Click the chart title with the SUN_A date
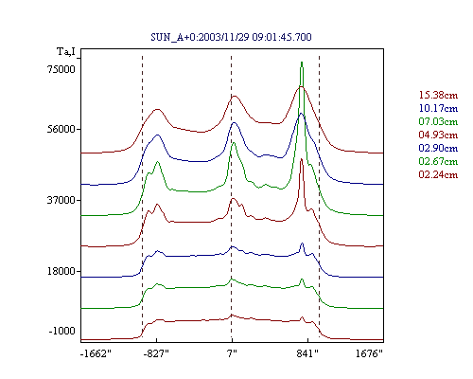coord(231,37)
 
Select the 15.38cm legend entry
coord(438,95)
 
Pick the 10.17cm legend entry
coord(438,108)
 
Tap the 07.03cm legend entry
coord(438,121)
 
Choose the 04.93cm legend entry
coord(438,135)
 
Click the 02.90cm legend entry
coord(438,148)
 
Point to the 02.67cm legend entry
coord(438,161)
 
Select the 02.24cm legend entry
coord(438,174)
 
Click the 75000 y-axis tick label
coord(61,69)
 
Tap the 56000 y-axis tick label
coord(61,129)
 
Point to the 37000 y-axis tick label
coord(61,200)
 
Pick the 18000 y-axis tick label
coord(61,271)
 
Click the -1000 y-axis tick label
coord(62,331)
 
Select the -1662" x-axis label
coord(96,353)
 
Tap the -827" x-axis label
coord(156,353)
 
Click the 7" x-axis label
coord(232,353)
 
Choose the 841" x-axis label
coord(307,353)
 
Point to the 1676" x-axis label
coord(369,353)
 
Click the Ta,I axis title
coord(66,51)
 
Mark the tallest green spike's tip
coord(302,62)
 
